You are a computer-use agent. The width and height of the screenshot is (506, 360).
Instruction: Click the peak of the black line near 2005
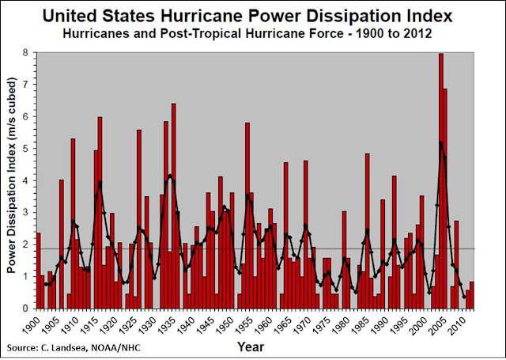point(440,142)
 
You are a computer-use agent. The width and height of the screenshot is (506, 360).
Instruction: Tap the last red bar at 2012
point(472,295)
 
